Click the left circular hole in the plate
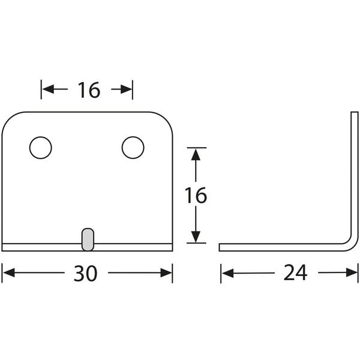pos(40,148)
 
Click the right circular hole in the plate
pos(133,148)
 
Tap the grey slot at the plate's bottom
pos(87,238)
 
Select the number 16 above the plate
pos(88,90)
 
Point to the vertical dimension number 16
pos(195,196)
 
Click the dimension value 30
pos(86,274)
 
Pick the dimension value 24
pos(295,274)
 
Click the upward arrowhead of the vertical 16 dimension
pos(195,154)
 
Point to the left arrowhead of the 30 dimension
pos(9,274)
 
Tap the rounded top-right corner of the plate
pos(167,119)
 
